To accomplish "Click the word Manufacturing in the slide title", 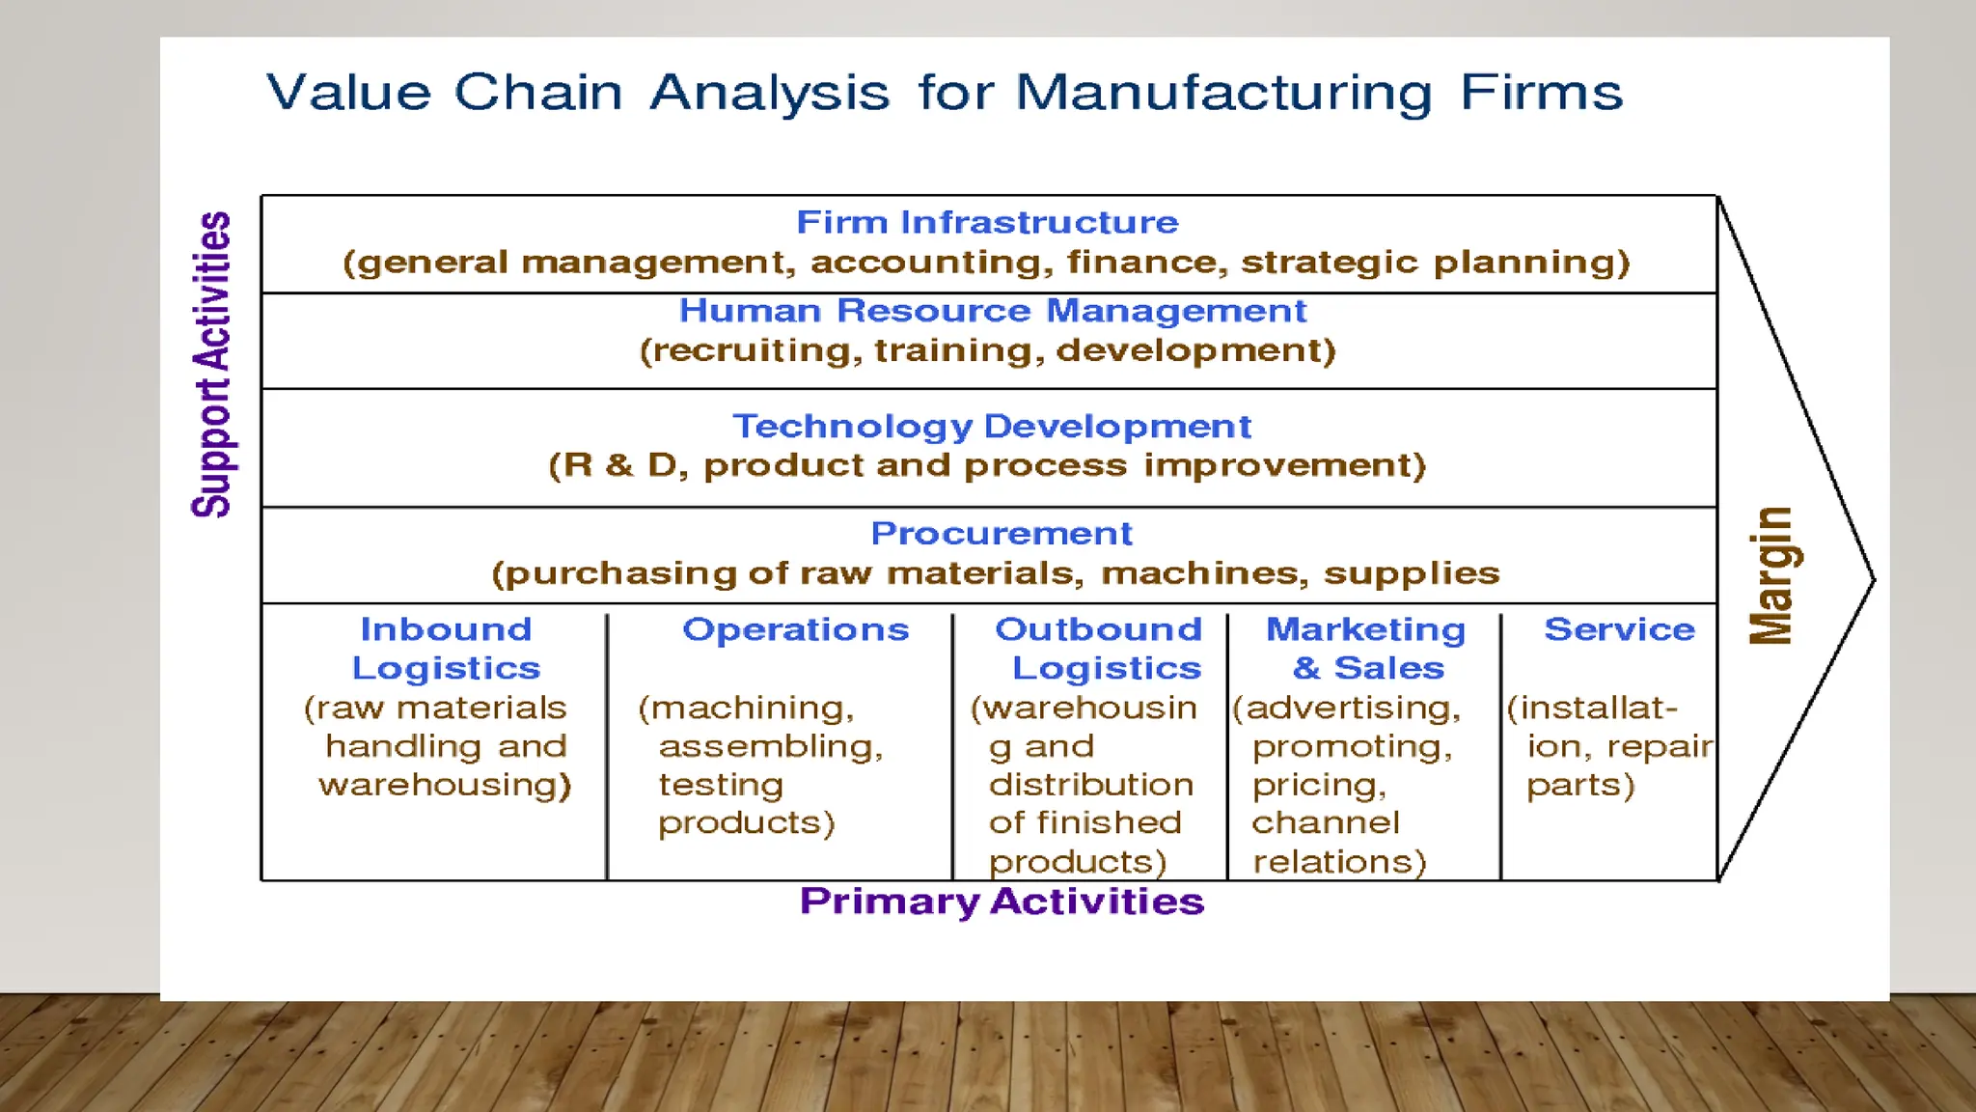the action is (1223, 94).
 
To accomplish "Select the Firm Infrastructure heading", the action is (987, 222).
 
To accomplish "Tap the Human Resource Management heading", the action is (992, 311).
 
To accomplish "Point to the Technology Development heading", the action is (991, 426).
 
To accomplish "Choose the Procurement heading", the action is (1002, 533).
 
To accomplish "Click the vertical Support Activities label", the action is (212, 364).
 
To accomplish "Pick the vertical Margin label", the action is (1771, 575).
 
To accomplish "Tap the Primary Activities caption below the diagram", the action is (1002, 902).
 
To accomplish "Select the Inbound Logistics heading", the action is (446, 649).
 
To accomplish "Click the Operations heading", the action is (795, 629).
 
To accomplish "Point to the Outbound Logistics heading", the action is (1099, 649).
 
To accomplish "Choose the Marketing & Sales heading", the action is (1366, 649).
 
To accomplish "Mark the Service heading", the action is (1619, 629).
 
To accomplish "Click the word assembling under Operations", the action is (770, 746).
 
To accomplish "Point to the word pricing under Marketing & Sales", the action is (1318, 786).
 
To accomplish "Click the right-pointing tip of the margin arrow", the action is (1872, 580).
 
